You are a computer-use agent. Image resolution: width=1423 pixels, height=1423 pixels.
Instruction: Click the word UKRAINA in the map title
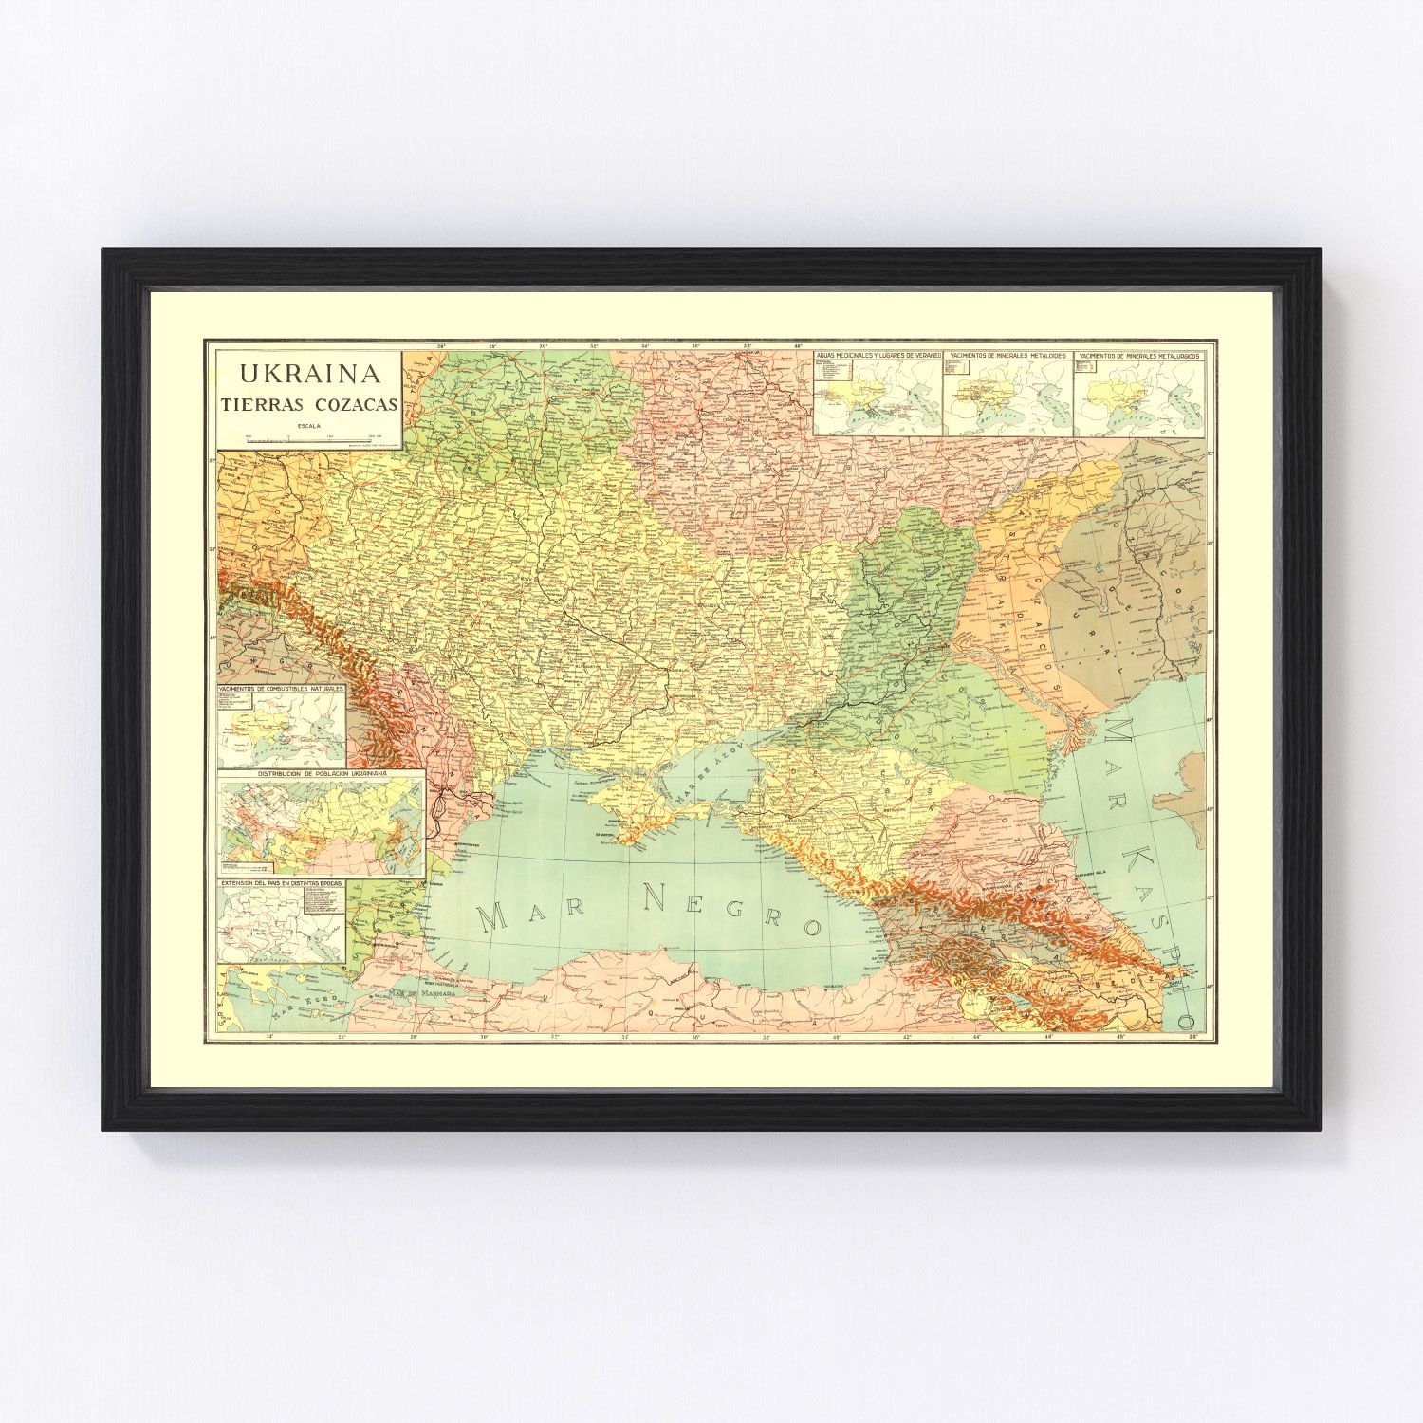pos(310,372)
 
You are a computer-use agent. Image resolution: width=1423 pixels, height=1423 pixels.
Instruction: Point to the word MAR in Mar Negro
pos(532,913)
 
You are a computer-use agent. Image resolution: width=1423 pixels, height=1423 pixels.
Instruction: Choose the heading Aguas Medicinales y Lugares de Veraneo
pos(878,356)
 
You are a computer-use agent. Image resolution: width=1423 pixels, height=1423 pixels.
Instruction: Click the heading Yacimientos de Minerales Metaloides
pos(1007,356)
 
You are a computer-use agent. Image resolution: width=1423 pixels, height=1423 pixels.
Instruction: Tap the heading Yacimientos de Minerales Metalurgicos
pos(1138,356)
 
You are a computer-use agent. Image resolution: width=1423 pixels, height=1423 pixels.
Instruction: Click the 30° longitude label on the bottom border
pos(484,1036)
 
